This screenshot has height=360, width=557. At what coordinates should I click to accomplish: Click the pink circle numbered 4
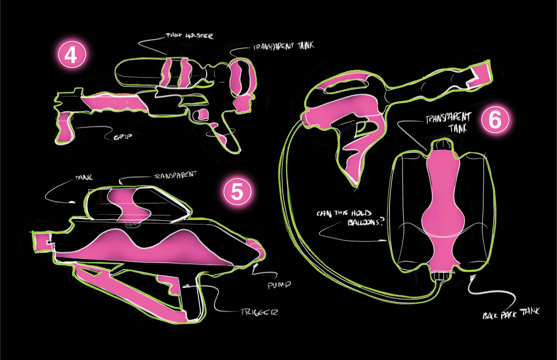[72, 55]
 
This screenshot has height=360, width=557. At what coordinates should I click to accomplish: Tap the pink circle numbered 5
[237, 191]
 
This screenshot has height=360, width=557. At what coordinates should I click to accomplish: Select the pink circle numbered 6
[495, 119]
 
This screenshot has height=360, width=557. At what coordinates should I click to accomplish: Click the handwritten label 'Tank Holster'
[189, 36]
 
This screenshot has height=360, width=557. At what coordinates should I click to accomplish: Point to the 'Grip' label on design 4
[122, 137]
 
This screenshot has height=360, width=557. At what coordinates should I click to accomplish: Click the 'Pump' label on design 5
[279, 285]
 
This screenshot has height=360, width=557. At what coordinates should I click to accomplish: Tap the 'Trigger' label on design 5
[259, 312]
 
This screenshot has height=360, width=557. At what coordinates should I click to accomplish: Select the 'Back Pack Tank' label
[511, 313]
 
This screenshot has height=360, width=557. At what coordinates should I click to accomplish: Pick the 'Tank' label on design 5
[84, 177]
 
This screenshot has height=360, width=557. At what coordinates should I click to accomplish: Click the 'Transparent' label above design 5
[175, 175]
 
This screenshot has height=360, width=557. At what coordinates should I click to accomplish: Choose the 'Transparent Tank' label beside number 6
[448, 123]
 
